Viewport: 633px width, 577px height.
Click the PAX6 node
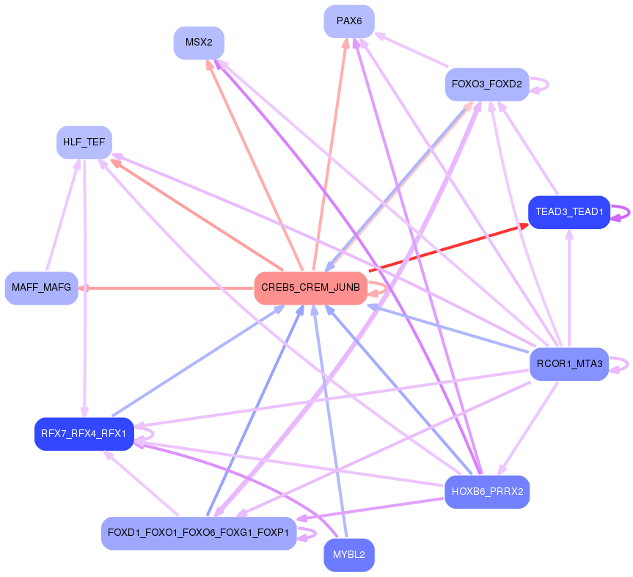[x=349, y=21]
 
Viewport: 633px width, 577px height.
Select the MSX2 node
[x=199, y=43]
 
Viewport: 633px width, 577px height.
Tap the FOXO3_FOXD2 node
[x=487, y=84]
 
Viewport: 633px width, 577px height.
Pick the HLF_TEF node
[x=84, y=142]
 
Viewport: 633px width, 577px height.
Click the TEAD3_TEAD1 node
[x=569, y=212]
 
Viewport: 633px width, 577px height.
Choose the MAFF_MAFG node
[x=42, y=288]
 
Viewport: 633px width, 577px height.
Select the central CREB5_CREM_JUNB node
[x=310, y=288]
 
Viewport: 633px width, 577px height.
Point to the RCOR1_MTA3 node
[x=569, y=364]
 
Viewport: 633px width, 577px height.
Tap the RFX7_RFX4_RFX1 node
[x=84, y=434]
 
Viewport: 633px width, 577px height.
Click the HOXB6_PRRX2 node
[x=487, y=492]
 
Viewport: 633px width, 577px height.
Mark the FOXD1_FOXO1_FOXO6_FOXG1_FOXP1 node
[x=199, y=533]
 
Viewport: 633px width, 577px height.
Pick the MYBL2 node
[x=349, y=554]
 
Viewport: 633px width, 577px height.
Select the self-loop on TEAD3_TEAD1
[x=625, y=212]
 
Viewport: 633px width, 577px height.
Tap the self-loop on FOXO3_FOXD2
[x=544, y=84]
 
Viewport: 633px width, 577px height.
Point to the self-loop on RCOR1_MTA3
[x=624, y=364]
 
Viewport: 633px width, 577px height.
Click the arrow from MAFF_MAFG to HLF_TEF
[x=62, y=217]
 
